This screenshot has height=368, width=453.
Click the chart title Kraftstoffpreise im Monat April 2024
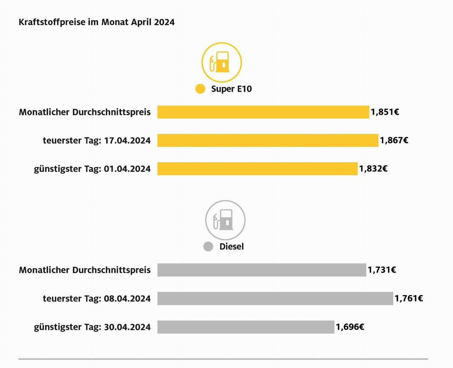coord(97,22)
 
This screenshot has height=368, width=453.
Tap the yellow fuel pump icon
coord(222,62)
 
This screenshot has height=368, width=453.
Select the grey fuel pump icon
coord(225,220)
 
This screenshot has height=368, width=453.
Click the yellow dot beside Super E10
coord(200,89)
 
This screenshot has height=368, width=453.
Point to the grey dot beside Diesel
coord(208,246)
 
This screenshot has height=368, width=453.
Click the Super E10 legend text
coord(231,89)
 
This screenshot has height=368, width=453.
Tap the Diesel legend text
coord(231,246)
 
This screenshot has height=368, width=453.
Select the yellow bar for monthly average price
coord(263,112)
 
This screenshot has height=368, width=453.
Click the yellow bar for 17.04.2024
coord(268,140)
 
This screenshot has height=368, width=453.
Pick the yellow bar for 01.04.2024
coord(257,169)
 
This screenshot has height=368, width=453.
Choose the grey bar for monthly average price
coord(262,270)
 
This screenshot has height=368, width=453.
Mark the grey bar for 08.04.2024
coord(275,298)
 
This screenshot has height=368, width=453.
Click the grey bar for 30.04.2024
coord(246,327)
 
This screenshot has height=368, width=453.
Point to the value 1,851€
coord(385,112)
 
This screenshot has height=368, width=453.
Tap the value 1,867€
coord(394,140)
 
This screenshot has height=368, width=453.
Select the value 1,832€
coord(373,169)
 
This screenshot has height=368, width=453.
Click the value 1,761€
coord(409,298)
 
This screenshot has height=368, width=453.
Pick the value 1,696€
coord(350,327)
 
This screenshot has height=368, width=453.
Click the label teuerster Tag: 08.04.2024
coord(97,299)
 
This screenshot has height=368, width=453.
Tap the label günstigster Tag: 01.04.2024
coord(92,169)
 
